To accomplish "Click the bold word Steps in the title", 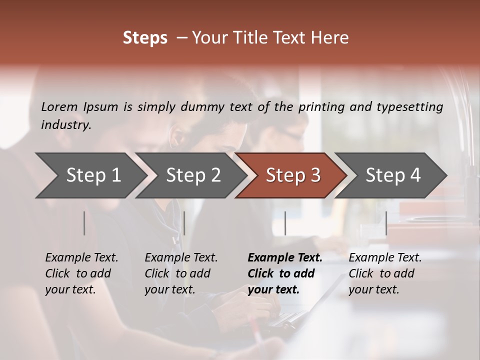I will (x=145, y=38).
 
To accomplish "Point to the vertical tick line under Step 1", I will (x=84, y=223).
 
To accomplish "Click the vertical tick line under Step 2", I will (x=184, y=223).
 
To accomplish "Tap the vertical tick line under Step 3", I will (x=285, y=223).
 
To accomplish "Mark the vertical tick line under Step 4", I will (x=386, y=223).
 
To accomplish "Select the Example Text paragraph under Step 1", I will (x=81, y=273).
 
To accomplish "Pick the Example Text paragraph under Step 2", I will (x=181, y=273).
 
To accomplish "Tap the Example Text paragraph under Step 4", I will (x=385, y=273).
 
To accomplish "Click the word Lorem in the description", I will (x=59, y=107).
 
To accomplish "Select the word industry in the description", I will (x=65, y=125).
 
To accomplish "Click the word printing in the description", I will (x=320, y=107).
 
